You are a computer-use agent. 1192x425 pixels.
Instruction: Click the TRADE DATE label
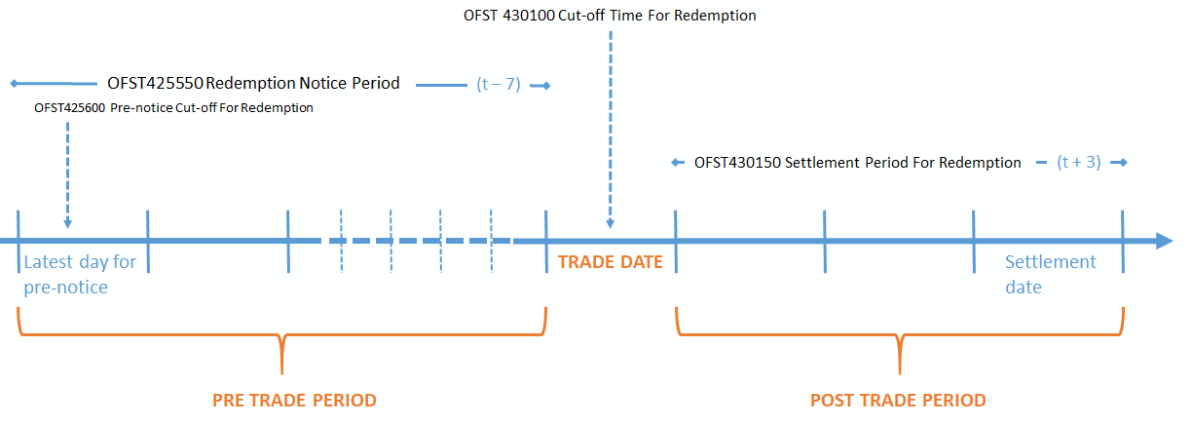coord(610,262)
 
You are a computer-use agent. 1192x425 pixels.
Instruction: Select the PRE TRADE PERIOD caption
coord(294,401)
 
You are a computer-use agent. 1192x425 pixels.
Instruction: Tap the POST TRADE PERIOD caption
coord(898,401)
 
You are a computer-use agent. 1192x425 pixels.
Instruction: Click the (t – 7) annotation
coord(499,85)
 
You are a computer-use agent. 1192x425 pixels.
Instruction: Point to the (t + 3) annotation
coord(1078,163)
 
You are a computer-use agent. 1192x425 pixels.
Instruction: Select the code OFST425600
coord(69,108)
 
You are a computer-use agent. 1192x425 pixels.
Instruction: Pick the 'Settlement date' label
coord(1050,274)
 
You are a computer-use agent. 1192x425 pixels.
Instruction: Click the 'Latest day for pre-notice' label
coord(80,274)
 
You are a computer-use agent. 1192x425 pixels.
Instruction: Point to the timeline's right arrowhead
coord(1163,241)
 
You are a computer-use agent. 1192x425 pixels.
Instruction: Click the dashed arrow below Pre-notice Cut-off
coord(67,175)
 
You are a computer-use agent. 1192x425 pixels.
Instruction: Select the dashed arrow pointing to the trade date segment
coord(610,127)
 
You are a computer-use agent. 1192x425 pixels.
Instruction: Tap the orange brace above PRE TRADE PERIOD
coord(281,340)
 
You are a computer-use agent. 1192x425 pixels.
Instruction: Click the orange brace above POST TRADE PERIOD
coord(899,340)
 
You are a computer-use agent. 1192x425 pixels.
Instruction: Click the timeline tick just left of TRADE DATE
coord(545,241)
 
